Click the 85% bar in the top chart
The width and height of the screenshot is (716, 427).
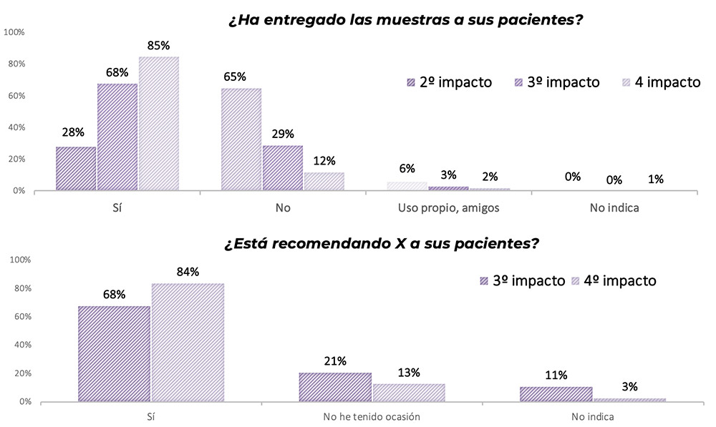click(x=159, y=123)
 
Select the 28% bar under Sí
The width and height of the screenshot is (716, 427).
click(x=76, y=169)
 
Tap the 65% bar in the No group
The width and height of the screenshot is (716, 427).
click(x=241, y=139)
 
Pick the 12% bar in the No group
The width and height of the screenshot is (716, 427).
click(x=324, y=182)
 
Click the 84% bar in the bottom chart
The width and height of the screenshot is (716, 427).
click(x=188, y=342)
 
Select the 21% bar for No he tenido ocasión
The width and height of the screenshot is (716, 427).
click(x=335, y=387)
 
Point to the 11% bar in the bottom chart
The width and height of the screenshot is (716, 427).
click(x=556, y=394)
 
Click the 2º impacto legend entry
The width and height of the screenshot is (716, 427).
click(x=449, y=82)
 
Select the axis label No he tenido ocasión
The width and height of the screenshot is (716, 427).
click(x=371, y=416)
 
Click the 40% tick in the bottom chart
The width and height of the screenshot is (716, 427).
click(x=21, y=345)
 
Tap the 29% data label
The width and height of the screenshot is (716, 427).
click(x=283, y=134)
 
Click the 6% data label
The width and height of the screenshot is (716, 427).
click(x=407, y=169)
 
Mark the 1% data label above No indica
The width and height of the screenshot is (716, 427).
click(x=654, y=179)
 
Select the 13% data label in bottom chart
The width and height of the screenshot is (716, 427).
click(x=409, y=373)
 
